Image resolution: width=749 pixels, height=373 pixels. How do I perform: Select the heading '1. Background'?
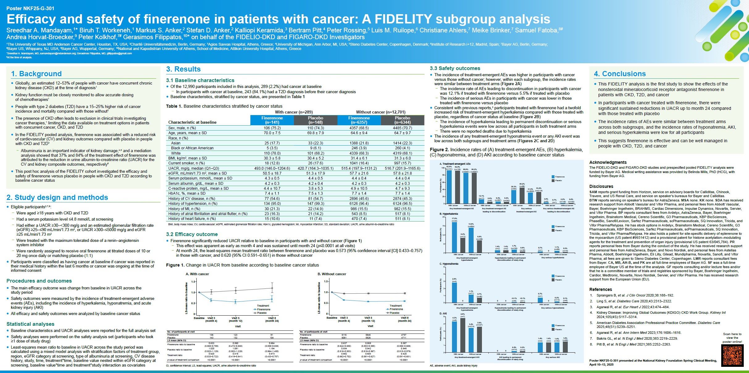tap(36, 74)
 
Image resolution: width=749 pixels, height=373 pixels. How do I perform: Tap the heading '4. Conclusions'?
tap(620, 74)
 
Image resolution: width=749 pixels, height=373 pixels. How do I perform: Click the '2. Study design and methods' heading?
tap(57, 197)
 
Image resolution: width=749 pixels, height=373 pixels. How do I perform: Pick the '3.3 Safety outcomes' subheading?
tap(455, 68)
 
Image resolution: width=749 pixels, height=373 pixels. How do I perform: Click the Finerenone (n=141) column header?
tap(272, 120)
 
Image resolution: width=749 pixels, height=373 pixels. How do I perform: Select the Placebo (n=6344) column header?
tap(402, 120)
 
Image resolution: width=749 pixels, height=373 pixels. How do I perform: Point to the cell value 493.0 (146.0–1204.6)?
tap(272, 168)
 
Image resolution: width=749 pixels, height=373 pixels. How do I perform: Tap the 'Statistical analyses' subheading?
tap(30, 324)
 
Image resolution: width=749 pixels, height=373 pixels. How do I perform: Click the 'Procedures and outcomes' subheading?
tap(39, 281)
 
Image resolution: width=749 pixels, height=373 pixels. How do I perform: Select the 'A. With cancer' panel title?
tap(197, 274)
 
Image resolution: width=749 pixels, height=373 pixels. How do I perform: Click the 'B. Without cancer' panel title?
tap(332, 274)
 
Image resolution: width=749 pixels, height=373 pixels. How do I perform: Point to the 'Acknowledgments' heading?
tap(608, 162)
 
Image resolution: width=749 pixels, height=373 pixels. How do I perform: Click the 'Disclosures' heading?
tap(601, 186)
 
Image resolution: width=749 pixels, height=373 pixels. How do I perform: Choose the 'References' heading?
tap(600, 289)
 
